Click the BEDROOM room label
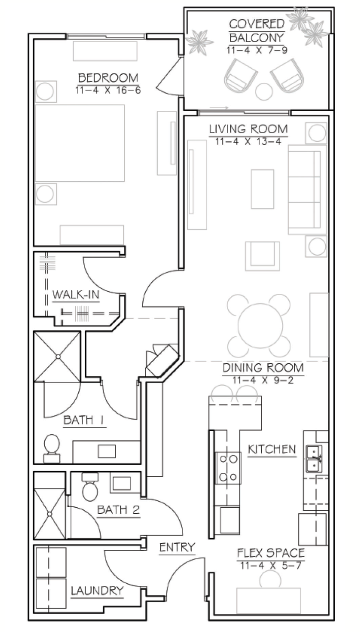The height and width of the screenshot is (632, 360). pos(108,78)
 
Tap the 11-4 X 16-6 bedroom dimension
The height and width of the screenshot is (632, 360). pos(108,90)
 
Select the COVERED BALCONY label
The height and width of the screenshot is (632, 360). pos(257,31)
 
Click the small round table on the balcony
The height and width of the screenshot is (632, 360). pos(264,91)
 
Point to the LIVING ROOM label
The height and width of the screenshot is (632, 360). pos(248,129)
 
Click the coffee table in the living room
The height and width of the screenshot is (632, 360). pos(262,189)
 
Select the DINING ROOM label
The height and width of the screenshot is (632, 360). pos(263,368)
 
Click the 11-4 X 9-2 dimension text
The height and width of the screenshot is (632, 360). pos(263,380)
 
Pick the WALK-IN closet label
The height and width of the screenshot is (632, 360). pos(76,295)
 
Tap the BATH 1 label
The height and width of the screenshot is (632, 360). pos(84,420)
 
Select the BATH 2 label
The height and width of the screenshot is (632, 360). pos(118,510)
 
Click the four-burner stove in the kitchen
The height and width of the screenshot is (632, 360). pos(228,468)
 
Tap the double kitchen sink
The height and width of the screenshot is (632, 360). pos(315,459)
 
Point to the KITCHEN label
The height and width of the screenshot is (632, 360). pos(272,449)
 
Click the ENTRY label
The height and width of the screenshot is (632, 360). pos(177,547)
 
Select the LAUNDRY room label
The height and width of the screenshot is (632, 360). pos(97,591)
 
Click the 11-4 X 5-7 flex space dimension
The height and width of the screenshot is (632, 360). pos(271,565)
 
